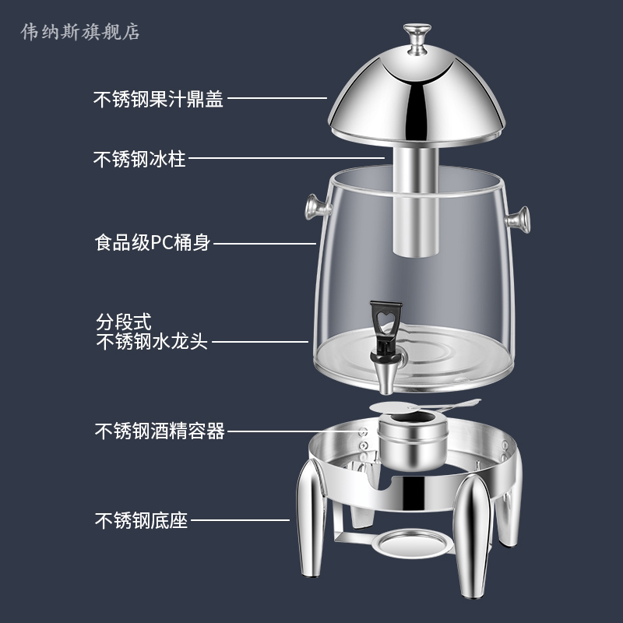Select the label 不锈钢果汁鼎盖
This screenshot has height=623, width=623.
158,99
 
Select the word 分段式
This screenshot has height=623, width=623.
123,321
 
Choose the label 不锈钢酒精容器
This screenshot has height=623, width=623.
160,431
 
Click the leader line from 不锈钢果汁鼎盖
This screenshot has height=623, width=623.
276,99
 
